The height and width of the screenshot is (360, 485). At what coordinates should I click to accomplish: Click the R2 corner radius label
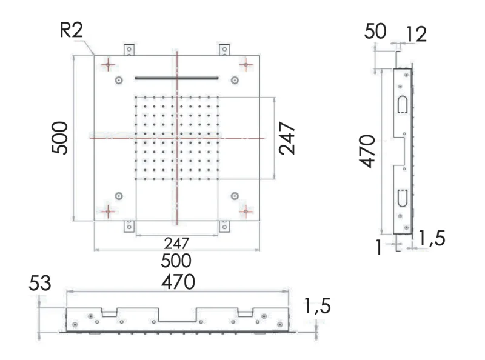pos(72,32)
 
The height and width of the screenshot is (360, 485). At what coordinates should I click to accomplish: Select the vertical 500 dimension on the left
pos(60,138)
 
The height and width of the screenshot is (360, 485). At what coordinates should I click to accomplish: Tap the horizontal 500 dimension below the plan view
pos(177,261)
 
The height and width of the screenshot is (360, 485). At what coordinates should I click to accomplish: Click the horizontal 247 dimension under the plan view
pos(176,244)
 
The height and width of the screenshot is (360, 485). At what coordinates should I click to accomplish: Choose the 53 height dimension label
pos(40,283)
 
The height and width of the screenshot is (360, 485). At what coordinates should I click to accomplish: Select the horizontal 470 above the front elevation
pos(177,282)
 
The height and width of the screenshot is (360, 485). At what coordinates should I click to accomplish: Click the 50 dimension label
pos(375,32)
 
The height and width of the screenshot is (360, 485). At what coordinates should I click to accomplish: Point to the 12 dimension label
pos(416,34)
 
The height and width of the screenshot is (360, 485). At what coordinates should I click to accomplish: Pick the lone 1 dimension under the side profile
pos(378,247)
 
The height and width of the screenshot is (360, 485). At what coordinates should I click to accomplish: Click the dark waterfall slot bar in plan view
pos(177,78)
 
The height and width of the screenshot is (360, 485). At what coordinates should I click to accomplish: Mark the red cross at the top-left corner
pos(108,64)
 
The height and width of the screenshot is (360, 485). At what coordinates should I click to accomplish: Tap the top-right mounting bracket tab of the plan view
pos(225,49)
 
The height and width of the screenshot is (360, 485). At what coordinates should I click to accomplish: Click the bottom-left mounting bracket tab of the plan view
pos(129,226)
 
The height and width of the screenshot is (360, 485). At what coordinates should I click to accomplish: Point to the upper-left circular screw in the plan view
pos(119,80)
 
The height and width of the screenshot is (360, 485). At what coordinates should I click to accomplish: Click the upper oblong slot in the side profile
pos(401,104)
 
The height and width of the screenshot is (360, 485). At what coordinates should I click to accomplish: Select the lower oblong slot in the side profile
pos(401,198)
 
